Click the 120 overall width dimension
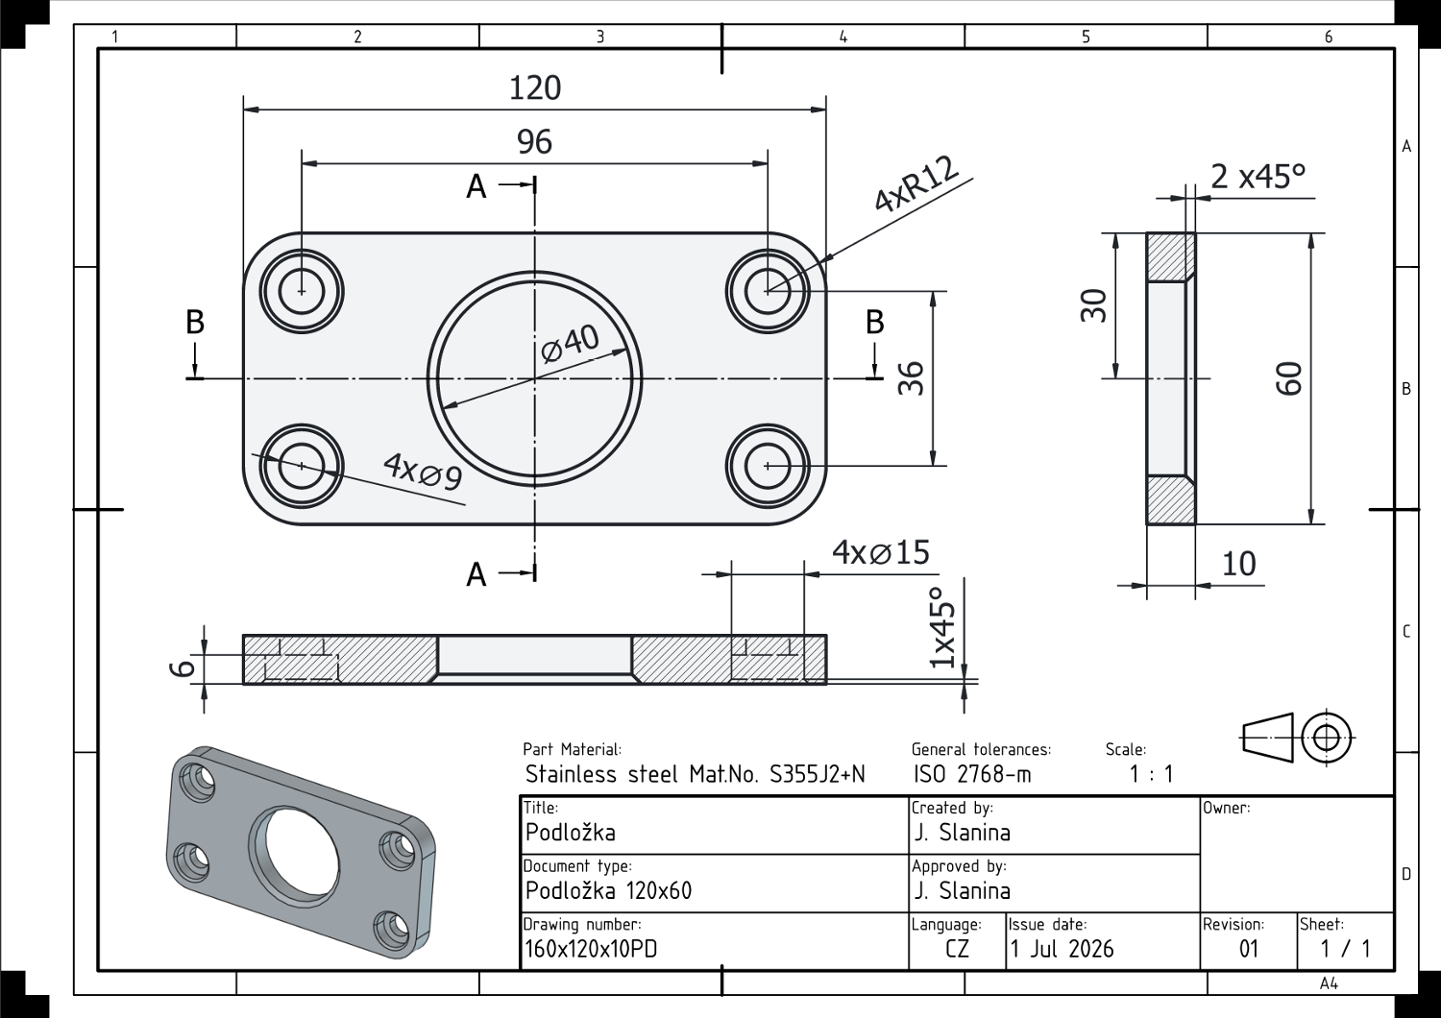pyautogui.click(x=534, y=88)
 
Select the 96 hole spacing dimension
pyautogui.click(x=534, y=142)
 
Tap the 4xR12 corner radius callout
pyautogui.click(x=916, y=184)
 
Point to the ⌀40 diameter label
pyautogui.click(x=570, y=343)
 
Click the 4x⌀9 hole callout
pyautogui.click(x=423, y=472)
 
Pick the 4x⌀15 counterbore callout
pyautogui.click(x=881, y=552)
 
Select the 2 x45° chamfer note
pyautogui.click(x=1258, y=176)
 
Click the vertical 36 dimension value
pyautogui.click(x=911, y=378)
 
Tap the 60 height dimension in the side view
pyautogui.click(x=1288, y=378)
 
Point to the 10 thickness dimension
pyautogui.click(x=1238, y=564)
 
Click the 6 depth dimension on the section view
pyautogui.click(x=183, y=668)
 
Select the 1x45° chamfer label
pyautogui.click(x=943, y=628)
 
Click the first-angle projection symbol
pyautogui.click(x=1298, y=738)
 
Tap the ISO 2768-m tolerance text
pyautogui.click(x=972, y=774)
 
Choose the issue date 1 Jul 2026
pyautogui.click(x=1062, y=949)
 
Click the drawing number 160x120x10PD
pyautogui.click(x=591, y=949)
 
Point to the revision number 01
pyautogui.click(x=1249, y=949)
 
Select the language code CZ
pyautogui.click(x=957, y=949)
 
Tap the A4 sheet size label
pyautogui.click(x=1329, y=983)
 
